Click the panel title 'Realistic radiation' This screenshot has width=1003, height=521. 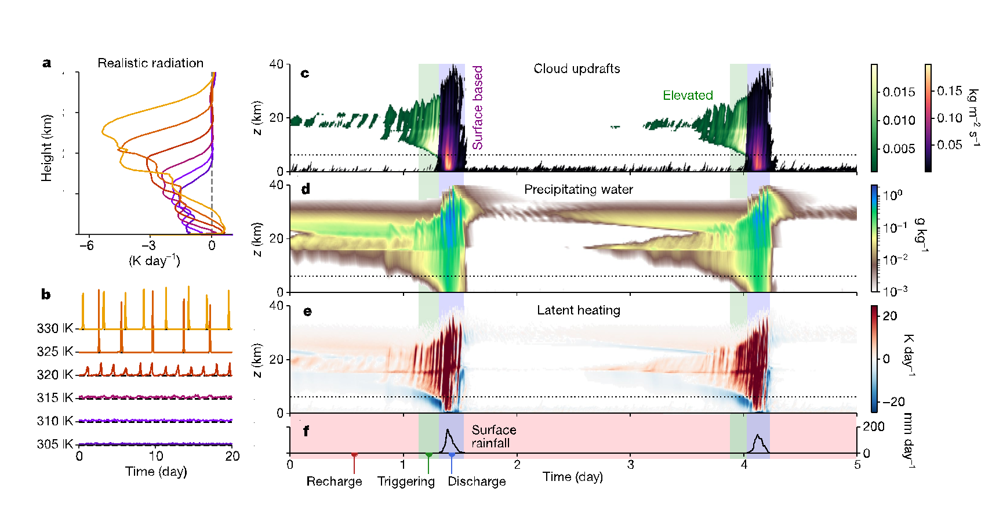(x=150, y=63)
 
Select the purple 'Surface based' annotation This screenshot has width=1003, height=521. (x=478, y=107)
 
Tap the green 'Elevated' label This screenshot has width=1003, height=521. (x=688, y=95)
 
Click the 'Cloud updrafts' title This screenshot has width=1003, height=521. (x=576, y=69)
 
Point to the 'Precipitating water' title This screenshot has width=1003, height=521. (x=578, y=190)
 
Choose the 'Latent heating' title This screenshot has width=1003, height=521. (x=578, y=310)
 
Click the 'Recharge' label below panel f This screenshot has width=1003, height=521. (x=334, y=482)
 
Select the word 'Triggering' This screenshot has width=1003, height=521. (x=406, y=482)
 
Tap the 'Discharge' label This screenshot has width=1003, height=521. (x=477, y=482)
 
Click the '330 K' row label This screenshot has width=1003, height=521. (x=55, y=328)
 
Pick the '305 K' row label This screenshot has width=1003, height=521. (x=55, y=444)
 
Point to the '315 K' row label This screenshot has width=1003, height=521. (x=55, y=398)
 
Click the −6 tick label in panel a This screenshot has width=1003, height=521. (x=86, y=245)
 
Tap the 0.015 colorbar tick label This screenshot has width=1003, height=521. (x=899, y=92)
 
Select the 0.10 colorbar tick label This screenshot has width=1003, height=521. (x=950, y=118)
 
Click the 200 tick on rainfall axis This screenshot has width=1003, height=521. (x=874, y=427)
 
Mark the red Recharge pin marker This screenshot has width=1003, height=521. (x=354, y=456)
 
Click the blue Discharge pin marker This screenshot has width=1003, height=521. (x=452, y=456)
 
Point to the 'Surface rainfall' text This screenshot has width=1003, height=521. (x=493, y=436)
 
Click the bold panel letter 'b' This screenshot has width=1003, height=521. (x=46, y=295)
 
